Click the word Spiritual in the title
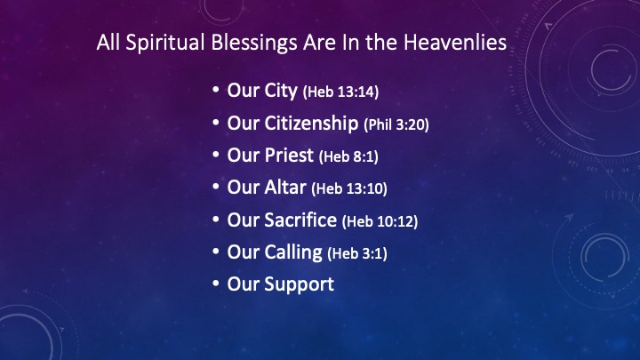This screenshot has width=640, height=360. pyautogui.click(x=165, y=43)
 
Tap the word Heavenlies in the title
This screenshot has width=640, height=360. pyautogui.click(x=455, y=42)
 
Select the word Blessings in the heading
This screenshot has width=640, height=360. pyautogui.click(x=254, y=43)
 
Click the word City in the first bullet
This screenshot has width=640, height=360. pyautogui.click(x=281, y=91)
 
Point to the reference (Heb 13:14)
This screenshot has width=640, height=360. pyautogui.click(x=340, y=92)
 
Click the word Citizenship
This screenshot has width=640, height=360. pyautogui.click(x=311, y=123)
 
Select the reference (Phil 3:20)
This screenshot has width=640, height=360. pyautogui.click(x=396, y=124)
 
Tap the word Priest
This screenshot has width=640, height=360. pyautogui.click(x=289, y=155)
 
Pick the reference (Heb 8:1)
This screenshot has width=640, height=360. pyautogui.click(x=348, y=156)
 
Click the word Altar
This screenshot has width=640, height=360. pyautogui.click(x=285, y=188)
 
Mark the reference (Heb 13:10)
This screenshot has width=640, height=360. pyautogui.click(x=349, y=188)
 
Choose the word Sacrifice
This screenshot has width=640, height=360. pyautogui.click(x=300, y=220)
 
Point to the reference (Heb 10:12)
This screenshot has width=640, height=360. pyautogui.click(x=380, y=221)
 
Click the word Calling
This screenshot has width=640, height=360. pyautogui.click(x=293, y=252)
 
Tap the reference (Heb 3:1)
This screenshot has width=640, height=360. pyautogui.click(x=357, y=253)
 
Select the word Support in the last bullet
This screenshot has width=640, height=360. pyautogui.click(x=300, y=284)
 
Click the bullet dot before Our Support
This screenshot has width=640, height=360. pyautogui.click(x=216, y=284)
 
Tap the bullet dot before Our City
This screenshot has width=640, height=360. pyautogui.click(x=216, y=90)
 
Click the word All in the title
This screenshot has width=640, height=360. pyautogui.click(x=108, y=42)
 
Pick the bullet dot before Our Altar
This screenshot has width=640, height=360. pyautogui.click(x=216, y=186)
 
